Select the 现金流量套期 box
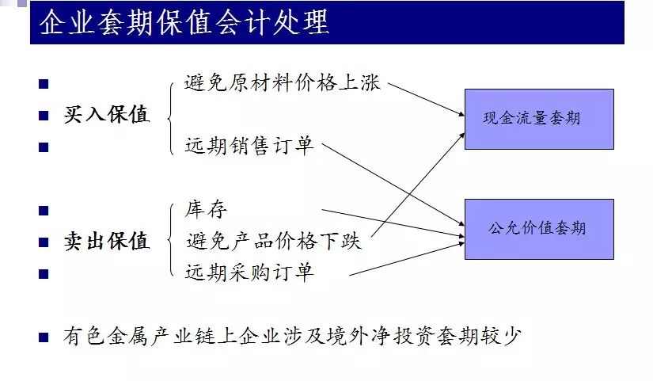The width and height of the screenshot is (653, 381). pyautogui.click(x=538, y=119)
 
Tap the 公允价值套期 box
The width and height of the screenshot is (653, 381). pyautogui.click(x=538, y=229)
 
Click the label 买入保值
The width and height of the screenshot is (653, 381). pyautogui.click(x=107, y=115)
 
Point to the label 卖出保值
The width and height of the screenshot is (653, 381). pyautogui.click(x=107, y=242)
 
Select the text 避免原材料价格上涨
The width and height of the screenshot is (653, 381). pyautogui.click(x=283, y=83)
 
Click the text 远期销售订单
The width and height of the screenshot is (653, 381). pyautogui.click(x=249, y=146)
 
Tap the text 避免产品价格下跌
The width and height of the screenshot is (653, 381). pyautogui.click(x=273, y=241)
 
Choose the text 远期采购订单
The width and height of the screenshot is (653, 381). pyautogui.click(x=249, y=272)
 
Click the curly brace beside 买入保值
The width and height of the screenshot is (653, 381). pyautogui.click(x=170, y=115)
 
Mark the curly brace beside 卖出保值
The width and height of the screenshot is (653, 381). pyautogui.click(x=170, y=240)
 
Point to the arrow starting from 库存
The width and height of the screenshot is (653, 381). pyautogui.click(x=392, y=223)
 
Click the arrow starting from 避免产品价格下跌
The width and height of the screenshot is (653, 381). pyautogui.click(x=420, y=183)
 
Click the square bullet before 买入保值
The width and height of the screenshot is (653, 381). pyautogui.click(x=44, y=116)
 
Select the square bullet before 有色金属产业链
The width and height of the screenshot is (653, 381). pyautogui.click(x=44, y=337)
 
